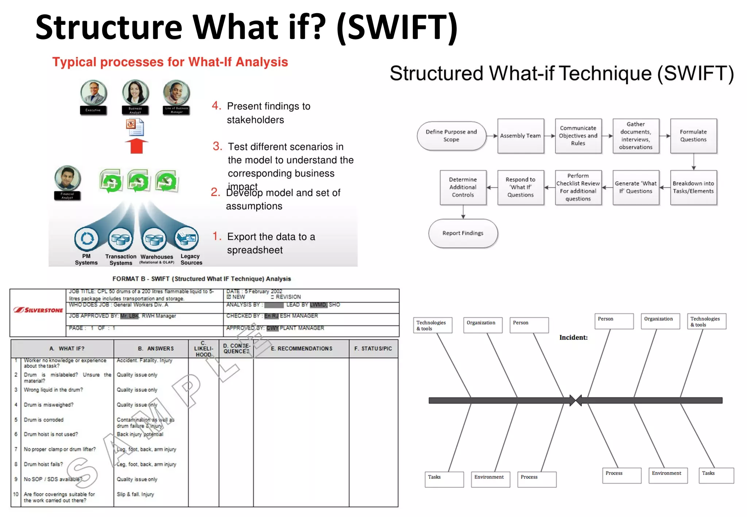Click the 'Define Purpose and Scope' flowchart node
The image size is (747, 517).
[x=451, y=136]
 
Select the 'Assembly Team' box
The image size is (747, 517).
[x=520, y=136]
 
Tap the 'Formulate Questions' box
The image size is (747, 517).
[x=693, y=136]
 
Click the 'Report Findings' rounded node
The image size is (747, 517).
[x=462, y=233]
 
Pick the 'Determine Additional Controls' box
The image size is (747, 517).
[x=462, y=187]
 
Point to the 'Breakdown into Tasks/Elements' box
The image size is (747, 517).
[x=693, y=187]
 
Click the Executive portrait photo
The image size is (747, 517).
[x=93, y=93]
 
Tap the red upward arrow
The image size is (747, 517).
[x=136, y=146]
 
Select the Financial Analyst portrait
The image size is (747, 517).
[x=67, y=178]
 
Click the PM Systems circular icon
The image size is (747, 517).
[x=86, y=239]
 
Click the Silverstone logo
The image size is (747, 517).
[x=38, y=310]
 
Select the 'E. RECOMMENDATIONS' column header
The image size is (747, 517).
[x=301, y=349]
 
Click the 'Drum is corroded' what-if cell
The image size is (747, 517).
[x=44, y=420]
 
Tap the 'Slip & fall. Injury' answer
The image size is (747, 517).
[x=135, y=494]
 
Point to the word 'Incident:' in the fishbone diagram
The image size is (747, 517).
[x=573, y=338]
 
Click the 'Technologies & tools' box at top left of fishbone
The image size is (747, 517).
[x=433, y=325]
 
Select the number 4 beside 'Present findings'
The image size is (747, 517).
[x=216, y=106]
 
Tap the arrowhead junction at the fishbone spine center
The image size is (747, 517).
[x=576, y=400]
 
